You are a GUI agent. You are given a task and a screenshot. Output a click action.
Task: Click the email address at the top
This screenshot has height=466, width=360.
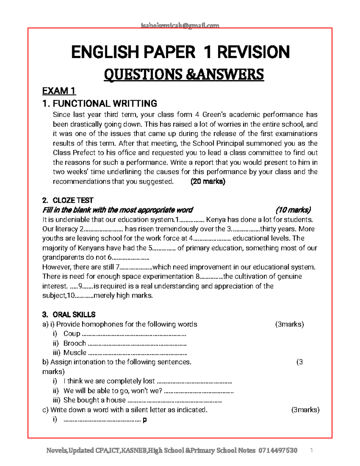point(180,26)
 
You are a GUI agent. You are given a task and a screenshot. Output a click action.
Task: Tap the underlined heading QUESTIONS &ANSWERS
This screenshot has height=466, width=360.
point(184,74)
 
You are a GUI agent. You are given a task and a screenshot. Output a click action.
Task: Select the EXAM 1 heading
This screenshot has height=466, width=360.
point(59,91)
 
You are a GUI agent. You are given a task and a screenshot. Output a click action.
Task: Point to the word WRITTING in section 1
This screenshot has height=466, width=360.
point(135,104)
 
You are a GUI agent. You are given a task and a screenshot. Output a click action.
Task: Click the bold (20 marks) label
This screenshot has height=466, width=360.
point(208,181)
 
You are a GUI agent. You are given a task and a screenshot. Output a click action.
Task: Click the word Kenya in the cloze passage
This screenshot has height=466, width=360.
point(217,219)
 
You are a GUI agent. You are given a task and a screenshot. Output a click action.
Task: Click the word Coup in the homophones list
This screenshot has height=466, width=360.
point(72,334)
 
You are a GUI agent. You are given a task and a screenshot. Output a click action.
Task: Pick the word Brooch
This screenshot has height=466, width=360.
point(75,343)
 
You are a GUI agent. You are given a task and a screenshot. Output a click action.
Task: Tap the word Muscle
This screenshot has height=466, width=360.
point(75,353)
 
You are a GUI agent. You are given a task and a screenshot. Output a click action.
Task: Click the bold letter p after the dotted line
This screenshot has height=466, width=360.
point(145,420)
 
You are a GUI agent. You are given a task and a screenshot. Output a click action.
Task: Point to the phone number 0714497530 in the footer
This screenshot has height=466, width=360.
point(278,450)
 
